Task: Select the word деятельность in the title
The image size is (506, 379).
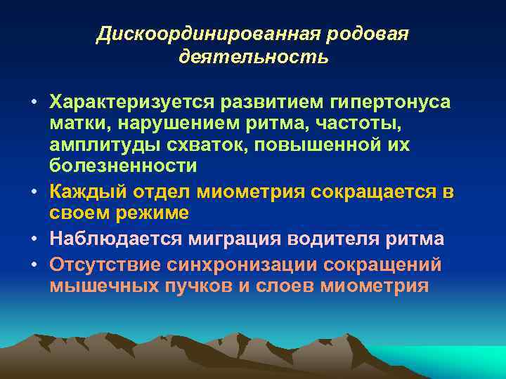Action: click(253, 56)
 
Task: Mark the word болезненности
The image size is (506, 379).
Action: click(123, 166)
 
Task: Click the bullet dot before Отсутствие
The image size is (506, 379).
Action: click(33, 265)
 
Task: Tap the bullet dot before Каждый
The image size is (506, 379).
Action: click(33, 192)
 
